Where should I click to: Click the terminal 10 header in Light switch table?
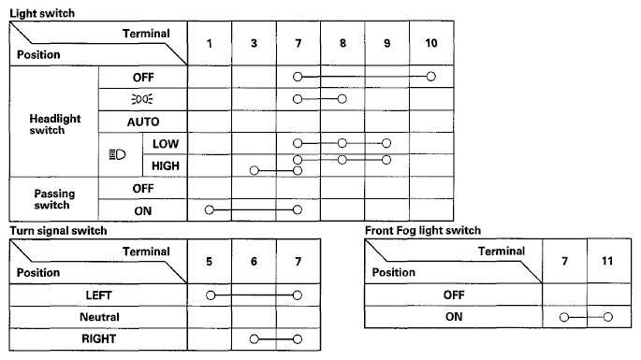pyautogui.click(x=431, y=43)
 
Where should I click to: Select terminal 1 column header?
pyautogui.click(x=210, y=43)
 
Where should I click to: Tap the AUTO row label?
pyautogui.click(x=143, y=122)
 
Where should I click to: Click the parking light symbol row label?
pyautogui.click(x=142, y=99)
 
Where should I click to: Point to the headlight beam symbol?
pyautogui.click(x=117, y=154)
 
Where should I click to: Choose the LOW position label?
pyautogui.click(x=166, y=144)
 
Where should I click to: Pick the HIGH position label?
pyautogui.click(x=166, y=166)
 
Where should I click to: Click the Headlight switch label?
pyautogui.click(x=55, y=124)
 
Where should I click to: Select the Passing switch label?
pyautogui.click(x=54, y=199)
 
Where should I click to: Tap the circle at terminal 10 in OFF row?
pyautogui.click(x=430, y=77)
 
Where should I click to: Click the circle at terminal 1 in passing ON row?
pyautogui.click(x=210, y=210)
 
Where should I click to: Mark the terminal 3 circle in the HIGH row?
pyautogui.click(x=255, y=170)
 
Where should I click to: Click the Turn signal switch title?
pyautogui.click(x=58, y=231)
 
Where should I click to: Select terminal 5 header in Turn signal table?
pyautogui.click(x=210, y=262)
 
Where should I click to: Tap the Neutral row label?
pyautogui.click(x=99, y=317)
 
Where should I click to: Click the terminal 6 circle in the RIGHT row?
pyautogui.click(x=255, y=339)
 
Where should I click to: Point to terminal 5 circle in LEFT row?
pyautogui.click(x=211, y=295)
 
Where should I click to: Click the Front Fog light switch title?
pyautogui.click(x=423, y=230)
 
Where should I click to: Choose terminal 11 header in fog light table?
pyautogui.click(x=607, y=261)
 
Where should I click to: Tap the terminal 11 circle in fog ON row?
pyautogui.click(x=608, y=317)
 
